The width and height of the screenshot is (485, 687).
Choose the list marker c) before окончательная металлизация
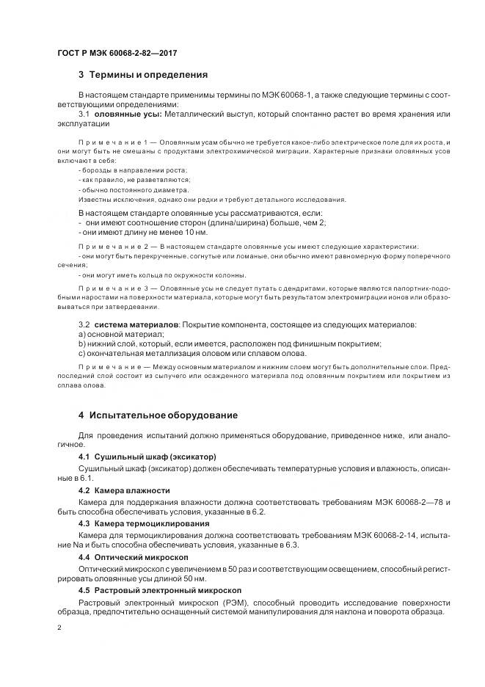pos(82,353)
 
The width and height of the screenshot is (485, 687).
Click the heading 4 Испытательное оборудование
pos(157,415)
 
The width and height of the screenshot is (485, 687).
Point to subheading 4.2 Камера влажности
pos(124,490)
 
